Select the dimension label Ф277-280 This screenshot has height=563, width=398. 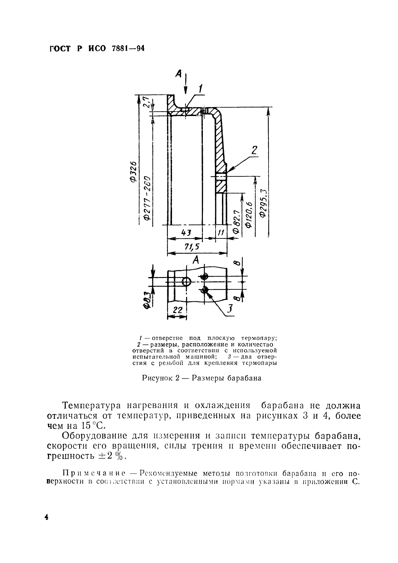tap(147, 198)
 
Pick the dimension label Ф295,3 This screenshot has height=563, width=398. tap(264, 203)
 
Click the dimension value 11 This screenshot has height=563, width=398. tap(221, 232)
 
